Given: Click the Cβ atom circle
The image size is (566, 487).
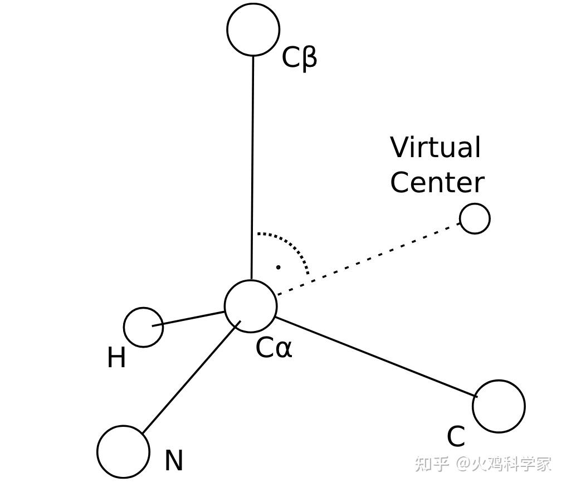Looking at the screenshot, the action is coord(253,30).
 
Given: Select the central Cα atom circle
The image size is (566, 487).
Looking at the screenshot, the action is coord(251,306).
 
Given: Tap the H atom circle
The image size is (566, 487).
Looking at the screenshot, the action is coord(143,327).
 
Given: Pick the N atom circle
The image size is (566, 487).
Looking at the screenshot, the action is coord(123,451).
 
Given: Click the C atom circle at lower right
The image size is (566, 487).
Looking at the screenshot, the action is coord(499,406).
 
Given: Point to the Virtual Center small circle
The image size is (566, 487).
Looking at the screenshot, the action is coord(475,218).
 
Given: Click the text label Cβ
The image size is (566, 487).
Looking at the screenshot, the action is coord(299,57).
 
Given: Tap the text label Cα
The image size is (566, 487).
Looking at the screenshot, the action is coord(274,348).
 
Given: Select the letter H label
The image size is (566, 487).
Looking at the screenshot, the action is coord(116,358).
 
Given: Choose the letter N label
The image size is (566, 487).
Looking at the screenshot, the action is coord(174,461).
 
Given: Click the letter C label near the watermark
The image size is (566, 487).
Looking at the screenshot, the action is coord(456,437).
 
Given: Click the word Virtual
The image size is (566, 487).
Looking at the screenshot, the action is coord(435,148).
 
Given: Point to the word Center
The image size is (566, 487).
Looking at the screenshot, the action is coord(437,183).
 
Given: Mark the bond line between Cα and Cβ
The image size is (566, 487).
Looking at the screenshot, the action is coord(252,167).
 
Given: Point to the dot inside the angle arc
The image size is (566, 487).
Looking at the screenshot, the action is coord(278,267).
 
